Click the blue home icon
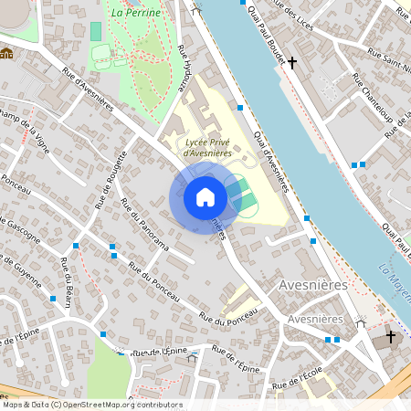click(205, 196)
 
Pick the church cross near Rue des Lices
click(292, 63)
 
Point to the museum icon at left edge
click(6, 53)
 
